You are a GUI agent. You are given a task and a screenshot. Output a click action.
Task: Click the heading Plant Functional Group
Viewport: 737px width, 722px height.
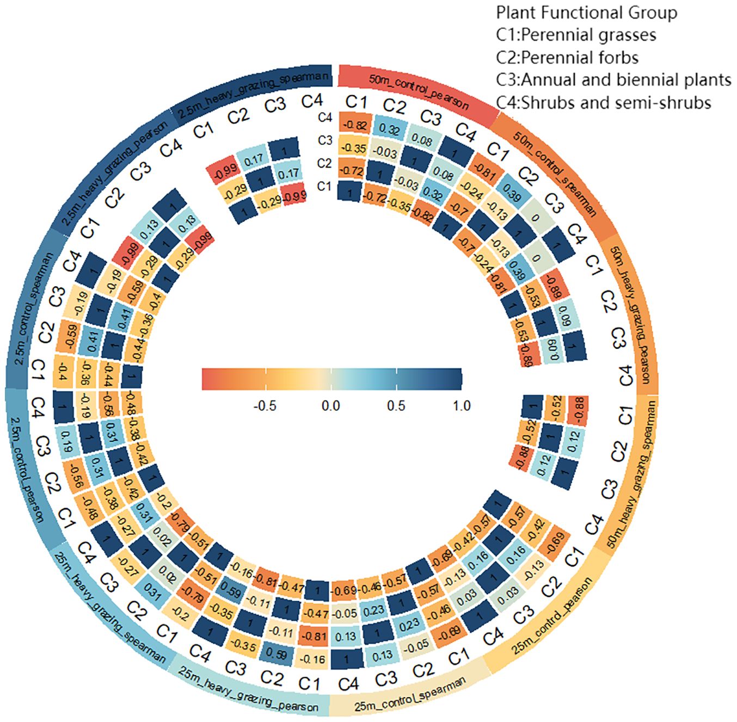click(586, 13)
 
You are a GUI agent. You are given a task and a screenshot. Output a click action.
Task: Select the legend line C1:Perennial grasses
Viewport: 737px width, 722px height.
click(576, 35)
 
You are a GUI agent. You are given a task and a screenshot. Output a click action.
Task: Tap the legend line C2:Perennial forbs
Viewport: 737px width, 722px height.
click(567, 58)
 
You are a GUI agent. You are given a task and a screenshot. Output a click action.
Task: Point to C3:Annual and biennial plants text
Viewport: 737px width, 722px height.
click(613, 80)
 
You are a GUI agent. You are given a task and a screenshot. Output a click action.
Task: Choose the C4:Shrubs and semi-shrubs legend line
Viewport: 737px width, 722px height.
click(603, 102)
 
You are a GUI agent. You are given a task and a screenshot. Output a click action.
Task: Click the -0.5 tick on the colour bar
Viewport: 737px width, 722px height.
click(265, 406)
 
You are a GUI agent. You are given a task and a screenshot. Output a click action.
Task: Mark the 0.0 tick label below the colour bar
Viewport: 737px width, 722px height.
click(330, 406)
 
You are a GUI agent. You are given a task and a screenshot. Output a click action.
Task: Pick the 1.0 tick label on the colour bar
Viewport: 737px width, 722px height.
click(461, 406)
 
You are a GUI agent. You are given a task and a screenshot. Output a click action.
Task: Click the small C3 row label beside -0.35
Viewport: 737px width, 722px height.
click(324, 140)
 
